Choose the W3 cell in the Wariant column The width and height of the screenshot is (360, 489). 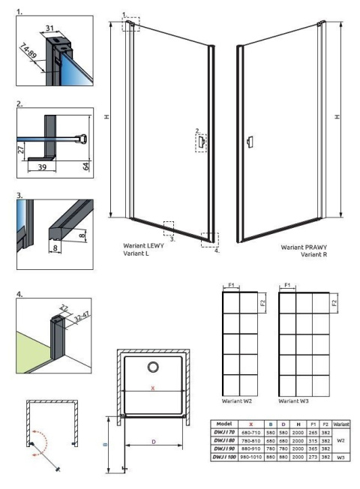point(340,456)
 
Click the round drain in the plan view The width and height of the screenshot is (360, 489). point(154,367)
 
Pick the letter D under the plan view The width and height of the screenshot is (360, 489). point(154,442)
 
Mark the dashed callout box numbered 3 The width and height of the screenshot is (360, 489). point(169,227)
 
